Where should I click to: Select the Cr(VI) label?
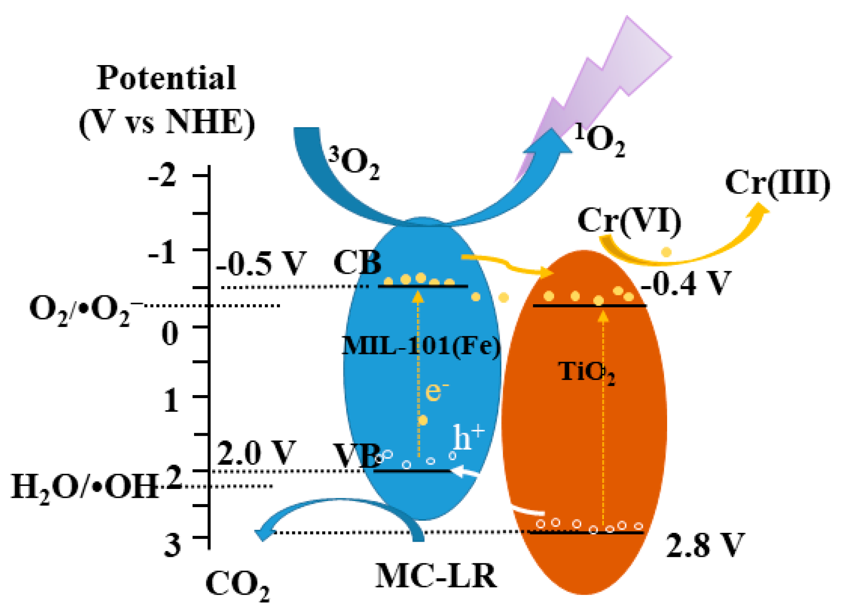pos(629,220)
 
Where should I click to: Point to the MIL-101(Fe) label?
pos(421,345)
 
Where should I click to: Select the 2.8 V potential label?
pos(704,545)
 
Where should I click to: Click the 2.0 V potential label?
pos(256,453)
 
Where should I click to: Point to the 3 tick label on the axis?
pos(173,544)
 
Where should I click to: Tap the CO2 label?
pos(237,585)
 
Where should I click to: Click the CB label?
pos(357,263)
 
